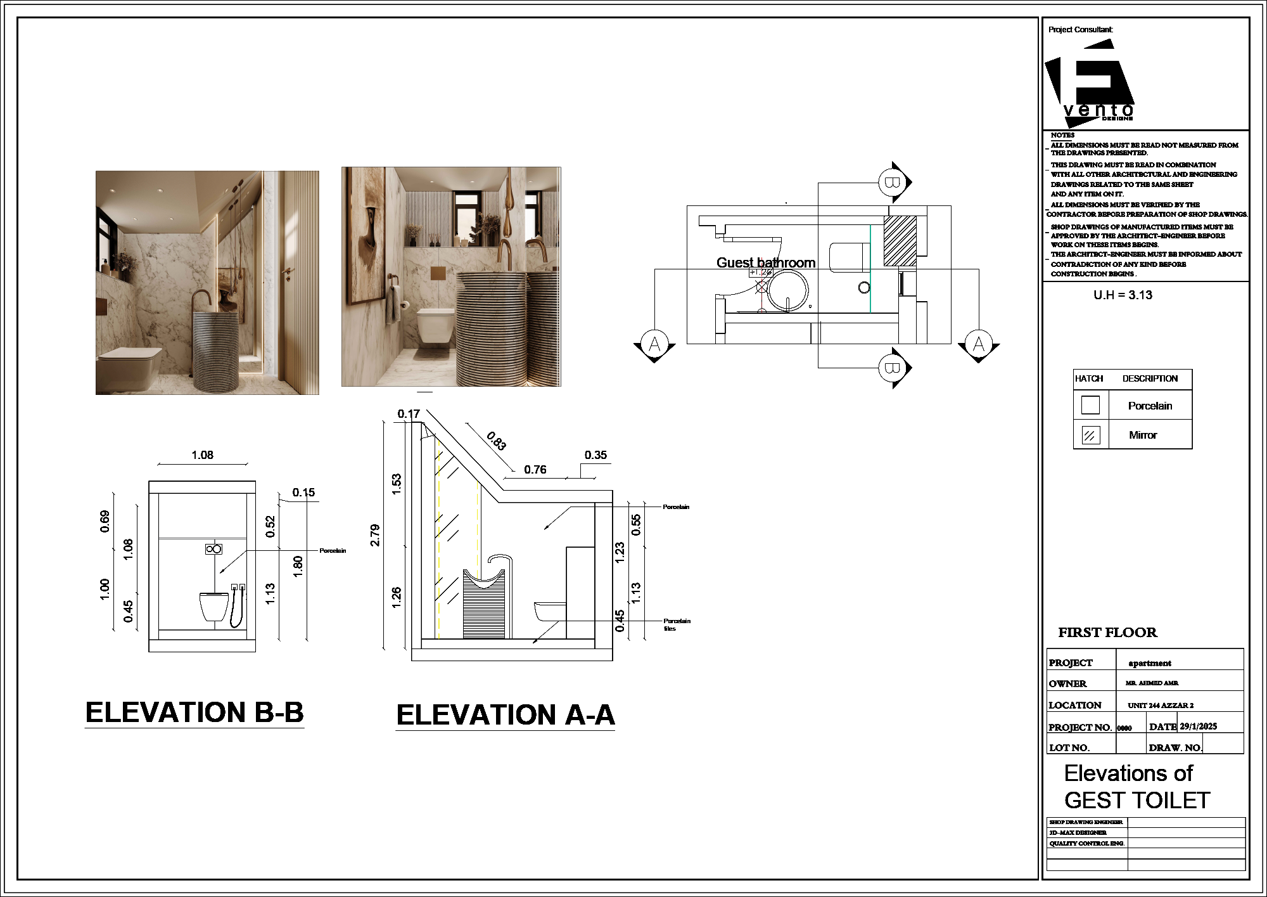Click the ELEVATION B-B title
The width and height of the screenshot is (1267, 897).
pyautogui.click(x=194, y=713)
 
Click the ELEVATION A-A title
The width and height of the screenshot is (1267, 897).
pyautogui.click(x=506, y=715)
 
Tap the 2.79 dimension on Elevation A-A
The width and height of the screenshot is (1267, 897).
pyautogui.click(x=375, y=535)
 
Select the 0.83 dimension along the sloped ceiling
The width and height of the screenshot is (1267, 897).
pyautogui.click(x=497, y=441)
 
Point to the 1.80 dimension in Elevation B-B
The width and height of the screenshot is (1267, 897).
pyautogui.click(x=298, y=566)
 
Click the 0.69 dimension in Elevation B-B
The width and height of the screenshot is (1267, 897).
pyautogui.click(x=105, y=521)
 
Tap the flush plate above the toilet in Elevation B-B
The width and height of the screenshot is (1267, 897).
pyautogui.click(x=213, y=549)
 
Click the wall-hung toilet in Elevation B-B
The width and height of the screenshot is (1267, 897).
pyautogui.click(x=213, y=607)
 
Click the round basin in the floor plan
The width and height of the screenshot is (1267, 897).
pyautogui.click(x=788, y=290)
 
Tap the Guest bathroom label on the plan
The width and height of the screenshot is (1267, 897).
pyautogui.click(x=765, y=262)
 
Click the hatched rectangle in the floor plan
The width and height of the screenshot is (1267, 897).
pyautogui.click(x=900, y=241)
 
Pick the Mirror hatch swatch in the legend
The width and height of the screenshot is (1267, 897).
pyautogui.click(x=1090, y=436)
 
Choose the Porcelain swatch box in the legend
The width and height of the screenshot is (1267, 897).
pyautogui.click(x=1090, y=405)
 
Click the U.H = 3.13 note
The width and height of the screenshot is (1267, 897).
pyautogui.click(x=1123, y=295)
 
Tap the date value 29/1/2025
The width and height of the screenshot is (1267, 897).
pyautogui.click(x=1198, y=726)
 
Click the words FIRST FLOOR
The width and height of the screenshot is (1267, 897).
pyautogui.click(x=1107, y=633)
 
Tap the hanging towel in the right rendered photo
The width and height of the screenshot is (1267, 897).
pyautogui.click(x=393, y=304)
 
